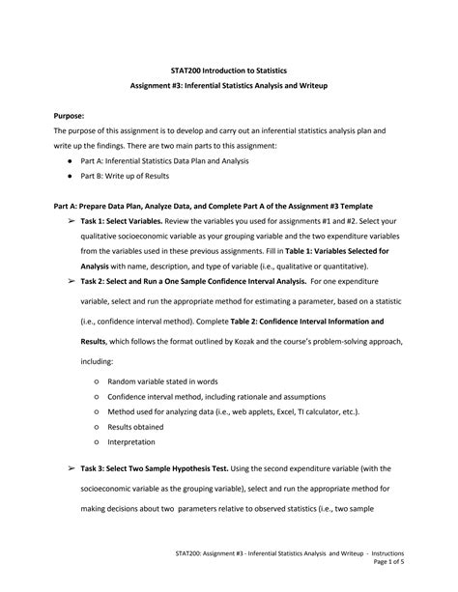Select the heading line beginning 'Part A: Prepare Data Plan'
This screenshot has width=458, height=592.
pos(214,206)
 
